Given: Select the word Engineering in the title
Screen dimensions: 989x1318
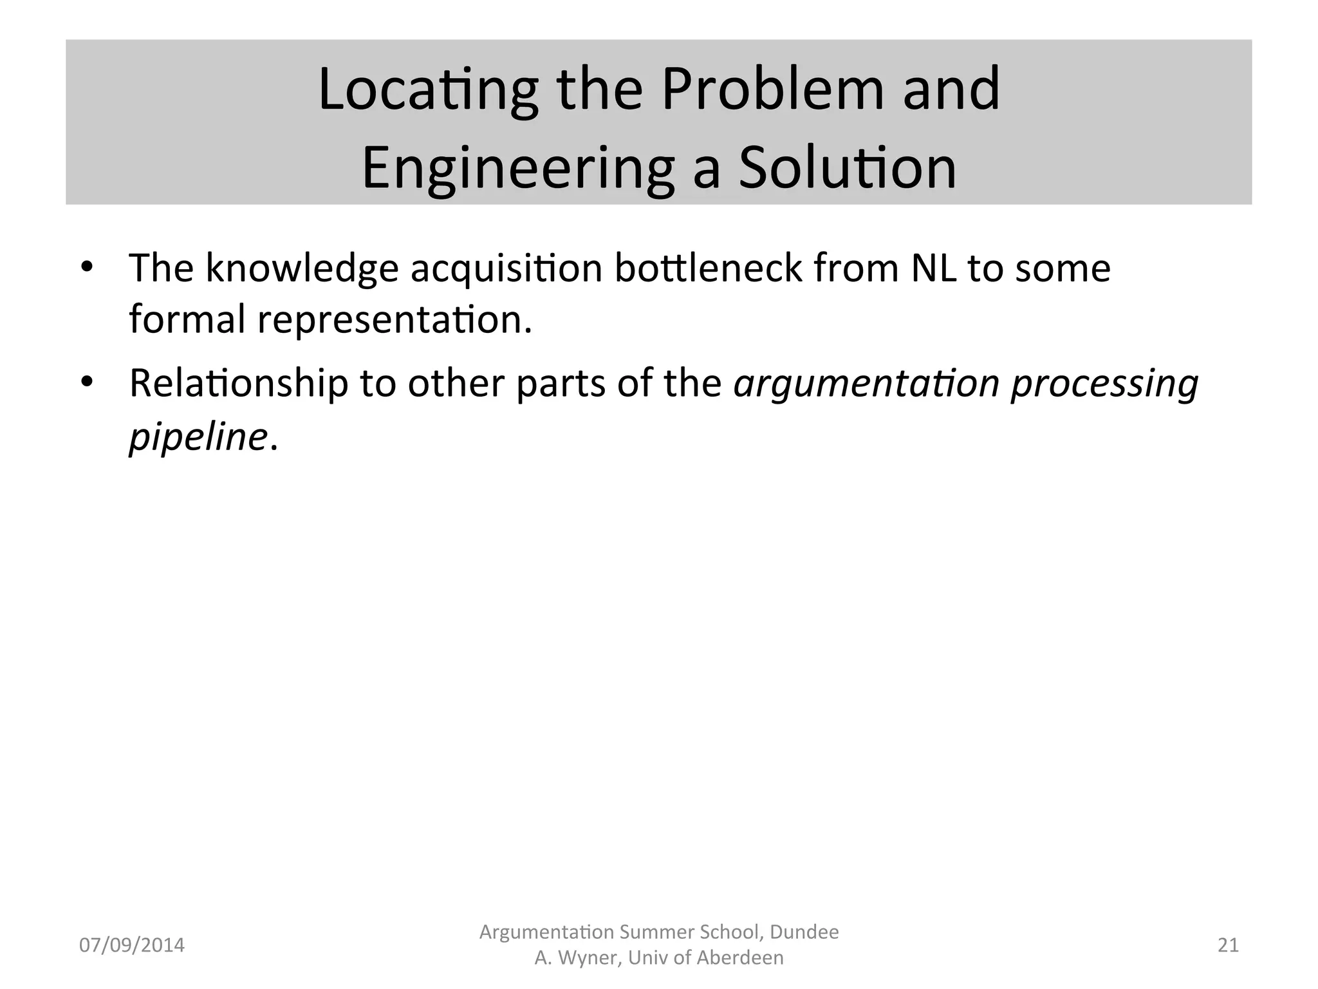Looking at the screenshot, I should pos(518,169).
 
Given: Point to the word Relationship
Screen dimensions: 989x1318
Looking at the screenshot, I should pos(239,384).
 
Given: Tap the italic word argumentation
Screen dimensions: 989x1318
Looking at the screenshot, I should pos(866,384).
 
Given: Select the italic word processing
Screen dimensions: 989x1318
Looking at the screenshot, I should pos(1104,385).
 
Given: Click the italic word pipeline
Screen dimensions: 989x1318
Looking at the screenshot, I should pos(198,438).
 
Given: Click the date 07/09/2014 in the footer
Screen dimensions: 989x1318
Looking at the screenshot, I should pos(131,945).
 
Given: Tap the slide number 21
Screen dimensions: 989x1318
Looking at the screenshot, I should pos(1228,945).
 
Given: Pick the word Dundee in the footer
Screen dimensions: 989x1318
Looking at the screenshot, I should pos(804,932).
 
